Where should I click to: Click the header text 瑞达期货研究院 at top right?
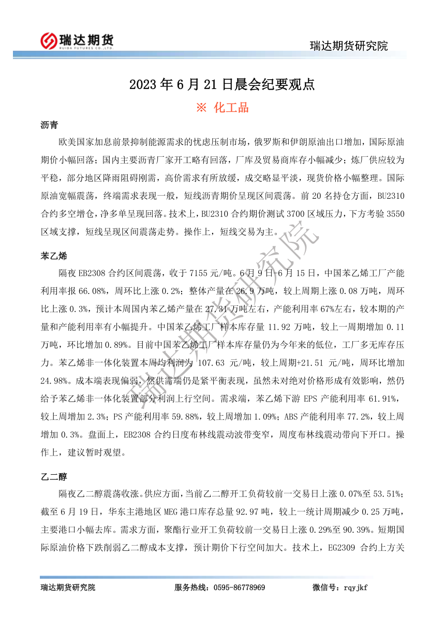click(348, 46)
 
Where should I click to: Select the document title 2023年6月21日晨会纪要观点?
click(222, 84)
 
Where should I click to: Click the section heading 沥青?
click(49, 125)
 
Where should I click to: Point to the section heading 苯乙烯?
click(53, 256)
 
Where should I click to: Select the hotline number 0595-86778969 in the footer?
click(239, 588)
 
